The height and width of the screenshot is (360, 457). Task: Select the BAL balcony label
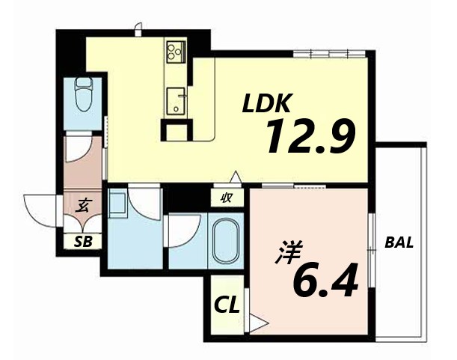point(399,243)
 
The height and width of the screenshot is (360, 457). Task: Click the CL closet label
point(227,305)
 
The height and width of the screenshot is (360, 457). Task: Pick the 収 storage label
point(225,198)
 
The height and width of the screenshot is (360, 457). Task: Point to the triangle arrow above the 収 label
point(235,178)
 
